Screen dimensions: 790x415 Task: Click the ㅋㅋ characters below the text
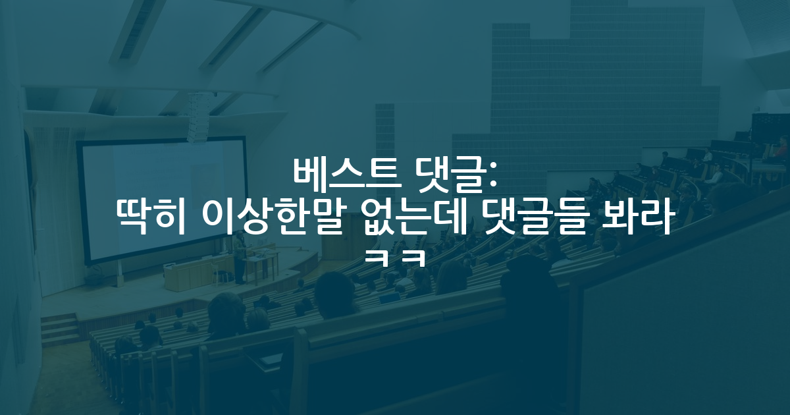[x=394, y=258]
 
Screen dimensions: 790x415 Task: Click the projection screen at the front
[x=163, y=200]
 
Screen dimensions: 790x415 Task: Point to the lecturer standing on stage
[x=240, y=257]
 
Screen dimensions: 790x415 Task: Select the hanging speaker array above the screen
[x=198, y=118]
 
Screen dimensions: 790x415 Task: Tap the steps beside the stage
[x=59, y=329]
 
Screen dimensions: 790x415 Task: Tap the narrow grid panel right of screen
[x=384, y=152]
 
